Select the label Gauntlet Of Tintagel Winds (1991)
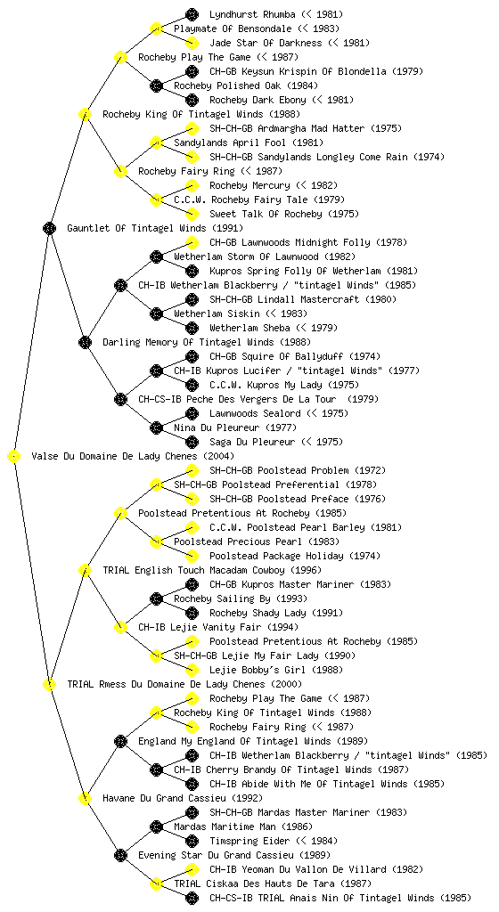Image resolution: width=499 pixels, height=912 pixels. click(155, 229)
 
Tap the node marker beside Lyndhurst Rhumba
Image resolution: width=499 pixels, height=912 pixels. click(192, 14)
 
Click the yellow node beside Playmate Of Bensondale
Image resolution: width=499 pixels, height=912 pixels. click(156, 28)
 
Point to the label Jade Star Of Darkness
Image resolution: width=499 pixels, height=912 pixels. click(266, 43)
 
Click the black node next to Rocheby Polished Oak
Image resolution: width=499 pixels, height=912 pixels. click(156, 86)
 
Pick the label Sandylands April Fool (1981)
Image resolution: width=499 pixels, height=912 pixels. click(249, 142)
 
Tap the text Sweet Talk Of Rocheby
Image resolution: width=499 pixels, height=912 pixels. click(266, 214)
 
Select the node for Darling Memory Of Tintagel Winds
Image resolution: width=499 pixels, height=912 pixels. click(85, 343)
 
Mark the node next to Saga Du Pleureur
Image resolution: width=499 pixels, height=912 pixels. click(192, 442)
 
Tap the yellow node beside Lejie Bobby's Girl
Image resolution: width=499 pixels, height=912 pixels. click(192, 670)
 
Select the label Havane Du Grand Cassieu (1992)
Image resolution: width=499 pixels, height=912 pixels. click(182, 798)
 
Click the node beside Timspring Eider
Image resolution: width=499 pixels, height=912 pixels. click(192, 841)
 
